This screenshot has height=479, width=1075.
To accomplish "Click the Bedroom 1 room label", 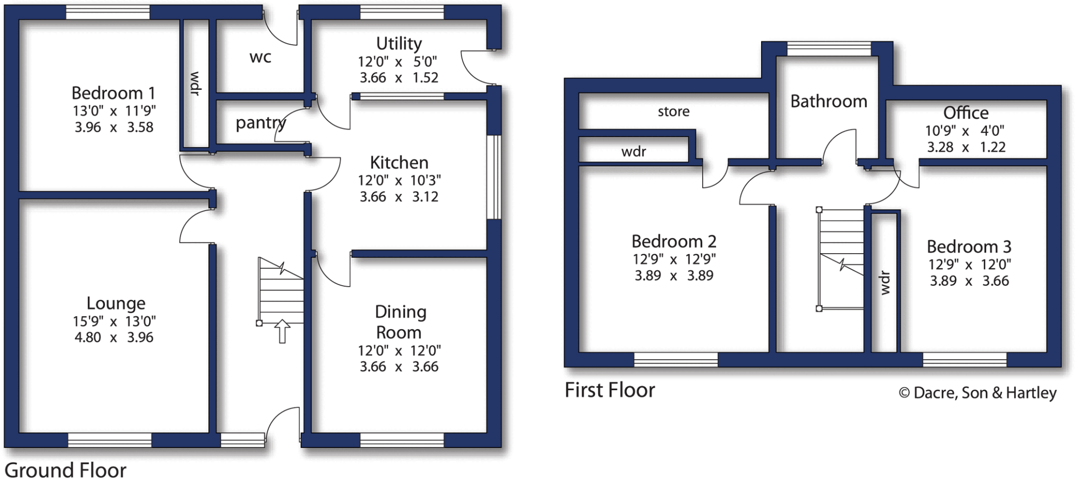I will [x=113, y=93].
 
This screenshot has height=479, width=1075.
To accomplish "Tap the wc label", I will [x=260, y=57].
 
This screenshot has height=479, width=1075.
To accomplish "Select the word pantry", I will [x=260, y=123].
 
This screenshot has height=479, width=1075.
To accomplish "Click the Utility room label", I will [x=399, y=43].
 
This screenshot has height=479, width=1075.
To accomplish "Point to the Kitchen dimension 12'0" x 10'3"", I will [x=399, y=181].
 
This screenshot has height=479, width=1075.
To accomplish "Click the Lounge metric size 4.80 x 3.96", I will [x=114, y=337].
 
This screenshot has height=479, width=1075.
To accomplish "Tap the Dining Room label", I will [x=400, y=322].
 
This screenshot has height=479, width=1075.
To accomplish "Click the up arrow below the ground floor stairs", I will [x=282, y=331].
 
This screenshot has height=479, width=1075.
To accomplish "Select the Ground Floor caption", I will [x=66, y=470].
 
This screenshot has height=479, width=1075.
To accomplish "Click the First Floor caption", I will [x=609, y=390].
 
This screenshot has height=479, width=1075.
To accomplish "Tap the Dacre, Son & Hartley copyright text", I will [x=977, y=393].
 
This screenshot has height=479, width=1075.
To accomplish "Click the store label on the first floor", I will [x=673, y=111].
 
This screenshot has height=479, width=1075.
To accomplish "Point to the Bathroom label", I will [x=828, y=101].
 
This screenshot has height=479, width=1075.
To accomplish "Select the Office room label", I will [x=965, y=112].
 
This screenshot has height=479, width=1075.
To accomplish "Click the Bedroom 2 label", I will [x=673, y=241].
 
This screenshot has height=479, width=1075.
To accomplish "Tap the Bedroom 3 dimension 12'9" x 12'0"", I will [x=969, y=264].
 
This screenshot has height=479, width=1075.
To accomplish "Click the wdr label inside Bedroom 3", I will [x=885, y=283].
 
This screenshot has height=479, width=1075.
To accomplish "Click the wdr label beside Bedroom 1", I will [x=195, y=84].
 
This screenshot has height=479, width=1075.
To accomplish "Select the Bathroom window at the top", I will [x=829, y=49].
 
